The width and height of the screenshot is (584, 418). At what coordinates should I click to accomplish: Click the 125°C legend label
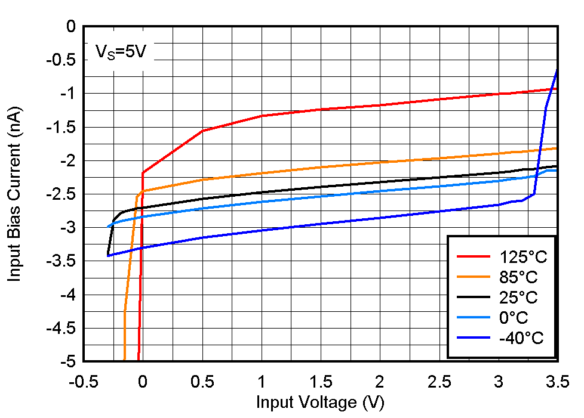coord(522,257)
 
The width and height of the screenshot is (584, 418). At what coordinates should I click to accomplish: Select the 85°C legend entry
coord(518,277)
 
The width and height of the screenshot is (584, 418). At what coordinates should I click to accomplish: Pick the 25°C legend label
coord(518,298)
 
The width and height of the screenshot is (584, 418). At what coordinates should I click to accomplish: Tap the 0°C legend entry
coord(514,318)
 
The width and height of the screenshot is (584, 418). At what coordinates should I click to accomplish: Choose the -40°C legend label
coord(521,338)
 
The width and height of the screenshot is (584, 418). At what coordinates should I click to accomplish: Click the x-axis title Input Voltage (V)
coord(320,402)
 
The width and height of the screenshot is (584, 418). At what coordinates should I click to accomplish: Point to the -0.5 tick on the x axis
coord(84,382)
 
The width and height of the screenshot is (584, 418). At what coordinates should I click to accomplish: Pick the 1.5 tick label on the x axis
coord(321,382)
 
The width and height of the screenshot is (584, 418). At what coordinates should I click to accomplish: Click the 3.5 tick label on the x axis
coord(557,382)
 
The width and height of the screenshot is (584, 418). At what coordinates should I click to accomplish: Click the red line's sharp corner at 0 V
coord(143,173)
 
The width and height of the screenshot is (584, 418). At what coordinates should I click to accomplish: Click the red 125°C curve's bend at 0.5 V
coord(202,131)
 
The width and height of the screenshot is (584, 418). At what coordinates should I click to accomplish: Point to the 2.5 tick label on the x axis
coord(439,382)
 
